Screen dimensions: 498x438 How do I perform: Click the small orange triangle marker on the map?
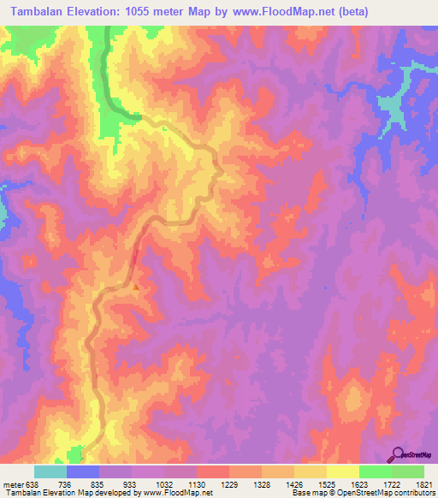click(135, 287)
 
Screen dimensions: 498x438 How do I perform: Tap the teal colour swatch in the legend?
click(50, 471)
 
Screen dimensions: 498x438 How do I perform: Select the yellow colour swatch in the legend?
click(341, 471)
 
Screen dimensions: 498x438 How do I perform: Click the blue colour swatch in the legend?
click(83, 471)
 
